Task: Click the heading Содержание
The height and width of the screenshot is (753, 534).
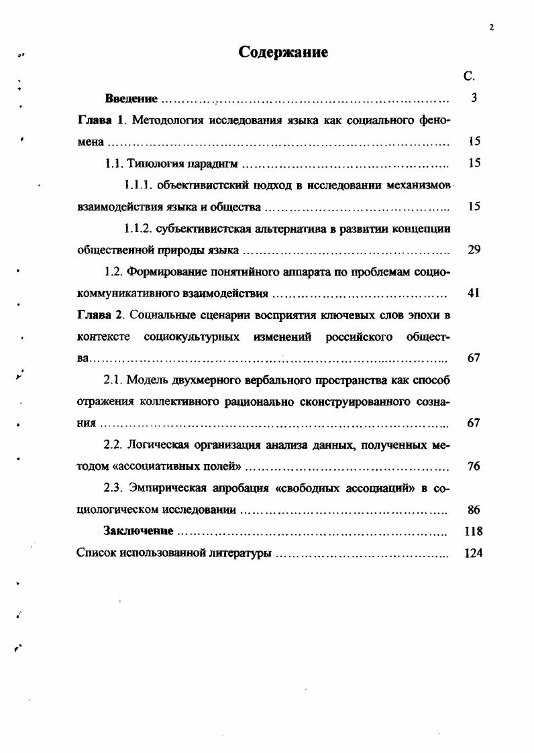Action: click(283, 53)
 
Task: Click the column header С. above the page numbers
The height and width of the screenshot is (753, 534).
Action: click(469, 77)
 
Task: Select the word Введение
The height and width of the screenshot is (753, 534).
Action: click(131, 99)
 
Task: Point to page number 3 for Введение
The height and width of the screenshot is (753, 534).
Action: click(474, 99)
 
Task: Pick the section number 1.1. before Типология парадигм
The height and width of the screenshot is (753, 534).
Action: click(117, 163)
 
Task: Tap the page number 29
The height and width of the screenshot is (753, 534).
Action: click(474, 250)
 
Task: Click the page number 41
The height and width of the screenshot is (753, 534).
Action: click(474, 293)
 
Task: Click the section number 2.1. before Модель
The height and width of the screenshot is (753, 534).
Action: click(115, 380)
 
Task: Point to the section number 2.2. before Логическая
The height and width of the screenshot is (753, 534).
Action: click(115, 445)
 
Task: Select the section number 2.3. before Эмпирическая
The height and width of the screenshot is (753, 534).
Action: click(115, 488)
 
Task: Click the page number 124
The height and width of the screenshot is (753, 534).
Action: click(474, 554)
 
